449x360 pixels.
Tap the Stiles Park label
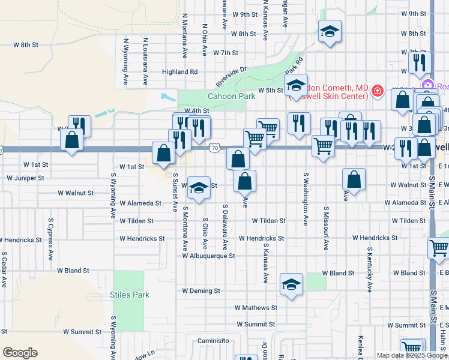(130, 295)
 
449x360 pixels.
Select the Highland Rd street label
(179, 71)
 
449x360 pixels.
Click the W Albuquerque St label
(209, 256)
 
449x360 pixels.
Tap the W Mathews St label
(256, 308)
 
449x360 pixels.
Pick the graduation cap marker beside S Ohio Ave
(198, 187)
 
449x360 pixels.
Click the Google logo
(20, 353)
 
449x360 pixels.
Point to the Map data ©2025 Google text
(411, 355)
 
